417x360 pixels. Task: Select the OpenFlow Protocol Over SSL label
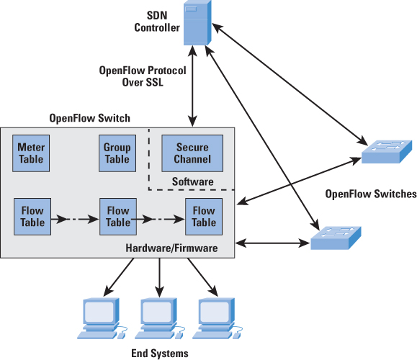(x=143, y=76)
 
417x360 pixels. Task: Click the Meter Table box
(x=30, y=153)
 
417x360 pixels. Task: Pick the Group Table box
(x=117, y=153)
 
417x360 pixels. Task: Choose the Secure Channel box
(x=192, y=153)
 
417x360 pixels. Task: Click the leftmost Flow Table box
(x=30, y=217)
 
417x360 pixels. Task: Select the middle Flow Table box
(x=117, y=217)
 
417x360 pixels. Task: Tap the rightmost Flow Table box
(x=204, y=217)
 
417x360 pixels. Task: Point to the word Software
(x=192, y=181)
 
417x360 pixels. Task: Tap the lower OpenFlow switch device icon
(x=336, y=237)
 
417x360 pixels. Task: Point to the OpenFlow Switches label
(x=371, y=194)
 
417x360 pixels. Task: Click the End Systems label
(x=159, y=353)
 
